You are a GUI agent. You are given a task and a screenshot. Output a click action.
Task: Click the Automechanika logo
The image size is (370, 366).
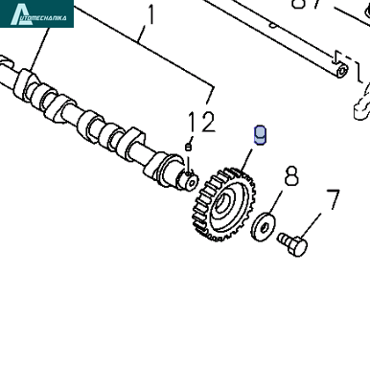[36, 13]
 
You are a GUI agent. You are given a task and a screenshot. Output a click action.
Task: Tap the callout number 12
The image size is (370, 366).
[201, 122]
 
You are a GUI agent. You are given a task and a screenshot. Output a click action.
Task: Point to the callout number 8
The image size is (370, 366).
[291, 175]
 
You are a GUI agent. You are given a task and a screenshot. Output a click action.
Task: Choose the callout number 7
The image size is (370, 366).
[333, 199]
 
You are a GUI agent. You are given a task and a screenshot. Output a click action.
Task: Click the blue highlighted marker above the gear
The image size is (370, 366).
[260, 135]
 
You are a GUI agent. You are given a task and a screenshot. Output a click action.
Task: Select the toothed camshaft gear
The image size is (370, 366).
[223, 203]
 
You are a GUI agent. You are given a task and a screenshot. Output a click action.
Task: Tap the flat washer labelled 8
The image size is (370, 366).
[264, 227]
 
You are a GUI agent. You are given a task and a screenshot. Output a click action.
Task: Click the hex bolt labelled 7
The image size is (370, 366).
[292, 243]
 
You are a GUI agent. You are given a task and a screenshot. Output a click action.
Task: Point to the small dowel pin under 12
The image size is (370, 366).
[189, 147]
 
